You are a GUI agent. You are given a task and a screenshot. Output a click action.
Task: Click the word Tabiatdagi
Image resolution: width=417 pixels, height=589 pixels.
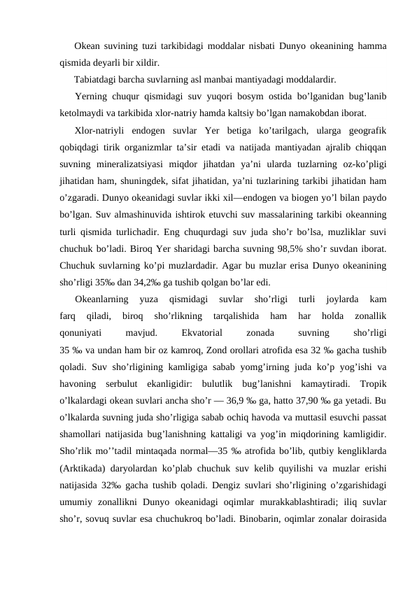(x=97, y=78)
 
